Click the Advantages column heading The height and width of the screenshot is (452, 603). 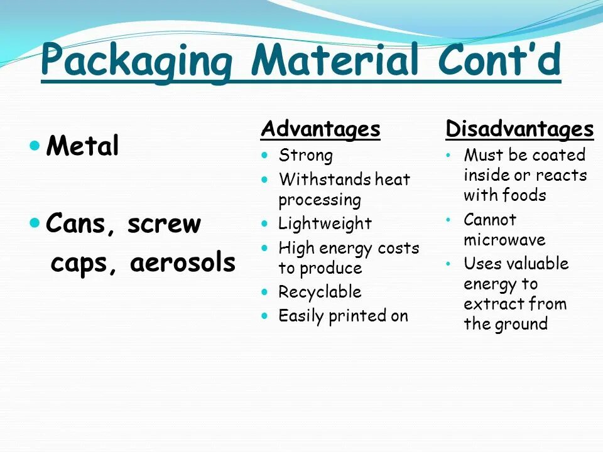tap(320, 129)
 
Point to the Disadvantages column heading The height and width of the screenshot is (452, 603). tap(519, 129)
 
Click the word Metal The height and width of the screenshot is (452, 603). tap(83, 147)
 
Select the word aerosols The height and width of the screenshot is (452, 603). tap(183, 264)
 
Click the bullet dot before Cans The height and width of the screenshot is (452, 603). tap(35, 223)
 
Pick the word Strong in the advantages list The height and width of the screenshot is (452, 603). tap(306, 155)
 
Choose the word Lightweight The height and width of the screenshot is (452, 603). tap(325, 223)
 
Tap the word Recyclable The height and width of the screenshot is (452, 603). tap(320, 292)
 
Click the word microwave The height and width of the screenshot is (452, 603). tap(504, 240)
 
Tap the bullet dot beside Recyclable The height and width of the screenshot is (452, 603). tap(265, 292)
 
